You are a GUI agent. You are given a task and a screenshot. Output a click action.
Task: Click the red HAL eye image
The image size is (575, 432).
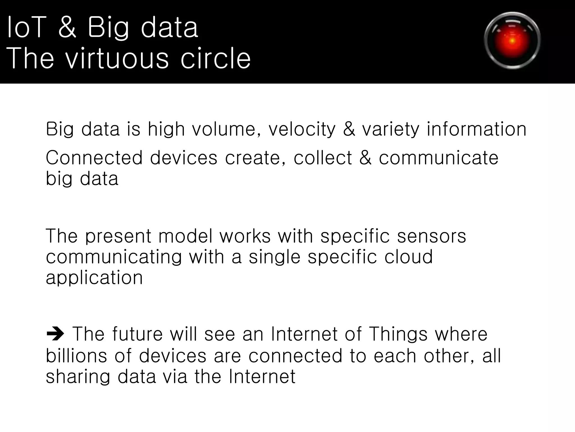[512, 41]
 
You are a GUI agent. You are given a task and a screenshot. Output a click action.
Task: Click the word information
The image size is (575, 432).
[476, 129]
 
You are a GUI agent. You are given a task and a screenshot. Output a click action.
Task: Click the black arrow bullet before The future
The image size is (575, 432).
[55, 334]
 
